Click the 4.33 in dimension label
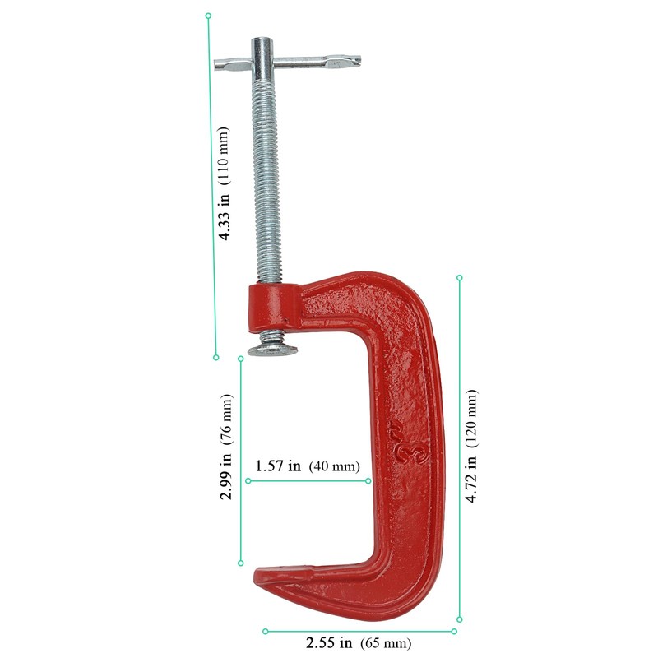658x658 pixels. click(x=225, y=216)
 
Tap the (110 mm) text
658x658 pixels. click(x=225, y=155)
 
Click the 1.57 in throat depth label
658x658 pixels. click(x=278, y=466)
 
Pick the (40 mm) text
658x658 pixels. click(x=335, y=466)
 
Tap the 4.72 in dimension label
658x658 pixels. click(x=471, y=479)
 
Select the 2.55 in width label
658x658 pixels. click(x=328, y=642)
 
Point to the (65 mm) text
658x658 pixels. click(x=386, y=643)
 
